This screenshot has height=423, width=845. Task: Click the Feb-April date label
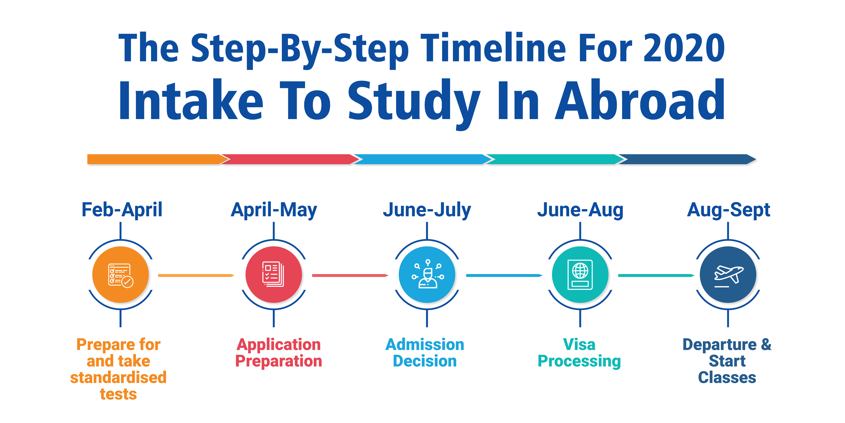tap(122, 210)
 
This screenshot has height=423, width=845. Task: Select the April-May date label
tap(274, 210)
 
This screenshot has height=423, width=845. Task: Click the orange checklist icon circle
tap(120, 275)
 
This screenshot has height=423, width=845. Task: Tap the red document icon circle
tap(274, 275)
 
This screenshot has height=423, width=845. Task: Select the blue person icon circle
tap(427, 275)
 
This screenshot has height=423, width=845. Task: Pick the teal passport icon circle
tap(580, 275)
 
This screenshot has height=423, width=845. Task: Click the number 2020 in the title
tap(684, 48)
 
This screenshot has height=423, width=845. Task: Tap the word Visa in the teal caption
tap(579, 344)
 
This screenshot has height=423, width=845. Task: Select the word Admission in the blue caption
tap(425, 344)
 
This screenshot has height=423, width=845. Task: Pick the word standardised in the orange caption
tap(118, 377)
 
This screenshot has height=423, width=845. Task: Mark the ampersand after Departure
tap(766, 344)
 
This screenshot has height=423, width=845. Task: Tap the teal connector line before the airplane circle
tap(656, 275)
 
